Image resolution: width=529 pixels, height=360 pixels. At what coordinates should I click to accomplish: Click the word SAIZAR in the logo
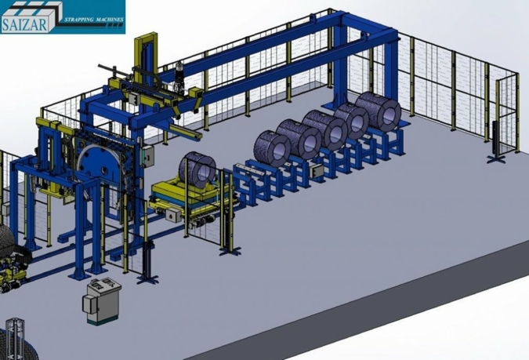(24, 25)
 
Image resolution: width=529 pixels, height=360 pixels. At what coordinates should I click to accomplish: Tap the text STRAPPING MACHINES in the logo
(96, 20)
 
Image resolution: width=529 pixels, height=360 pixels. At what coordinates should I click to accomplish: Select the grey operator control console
(102, 301)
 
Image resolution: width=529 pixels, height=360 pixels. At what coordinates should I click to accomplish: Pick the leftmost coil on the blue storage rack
(272, 149)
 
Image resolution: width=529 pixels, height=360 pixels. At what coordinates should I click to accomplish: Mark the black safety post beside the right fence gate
(495, 142)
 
